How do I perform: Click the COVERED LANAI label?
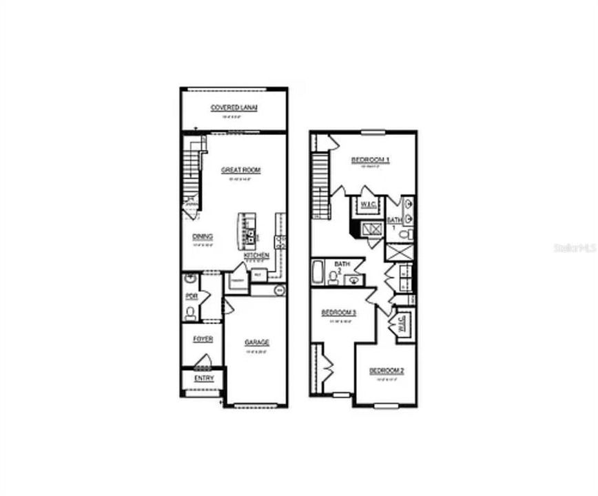pyautogui.click(x=234, y=108)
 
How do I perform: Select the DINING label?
pyautogui.click(x=203, y=236)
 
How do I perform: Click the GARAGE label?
pyautogui.click(x=256, y=342)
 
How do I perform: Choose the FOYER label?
pyautogui.click(x=203, y=339)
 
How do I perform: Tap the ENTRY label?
pyautogui.click(x=204, y=378)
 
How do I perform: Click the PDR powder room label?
pyautogui.click(x=192, y=297)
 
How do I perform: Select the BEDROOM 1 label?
pyautogui.click(x=371, y=161)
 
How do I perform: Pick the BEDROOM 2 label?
pyautogui.click(x=386, y=371)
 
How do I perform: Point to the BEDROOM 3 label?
pyautogui.click(x=338, y=313)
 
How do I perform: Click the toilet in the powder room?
pyautogui.click(x=190, y=313)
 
